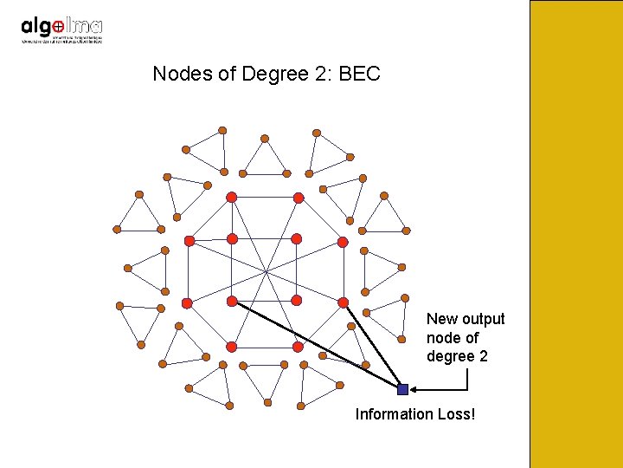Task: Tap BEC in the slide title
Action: [360, 74]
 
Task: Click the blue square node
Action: [402, 390]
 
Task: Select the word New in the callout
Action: [442, 319]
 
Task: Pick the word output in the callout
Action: [484, 319]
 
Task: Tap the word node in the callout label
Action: [443, 338]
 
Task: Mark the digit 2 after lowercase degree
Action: [483, 356]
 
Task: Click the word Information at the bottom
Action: [395, 414]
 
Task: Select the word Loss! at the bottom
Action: [455, 414]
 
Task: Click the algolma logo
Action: [61, 30]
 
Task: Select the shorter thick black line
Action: [372, 346]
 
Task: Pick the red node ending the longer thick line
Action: [232, 301]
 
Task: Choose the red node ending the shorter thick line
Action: [343, 302]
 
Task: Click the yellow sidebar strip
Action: [575, 234]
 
